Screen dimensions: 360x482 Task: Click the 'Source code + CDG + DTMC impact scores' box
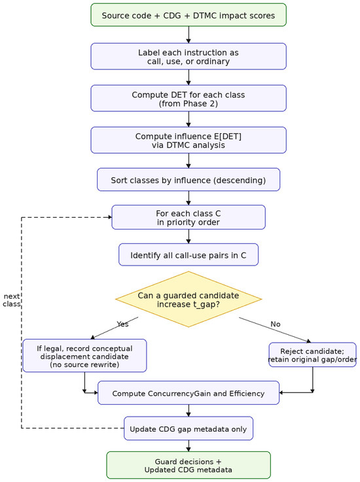pos(189,15)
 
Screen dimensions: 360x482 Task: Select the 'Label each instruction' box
pos(189,56)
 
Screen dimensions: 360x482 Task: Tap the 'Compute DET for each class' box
pos(189,98)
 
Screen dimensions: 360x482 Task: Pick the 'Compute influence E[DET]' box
pos(189,140)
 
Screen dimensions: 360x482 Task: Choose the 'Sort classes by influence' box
pos(189,180)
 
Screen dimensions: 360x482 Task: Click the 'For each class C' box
pos(189,217)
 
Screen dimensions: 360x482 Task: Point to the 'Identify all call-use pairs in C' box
pos(189,255)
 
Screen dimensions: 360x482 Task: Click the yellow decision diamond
pos(189,299)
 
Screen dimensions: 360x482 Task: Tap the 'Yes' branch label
pos(122,324)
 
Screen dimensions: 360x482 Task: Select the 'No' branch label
pos(276,324)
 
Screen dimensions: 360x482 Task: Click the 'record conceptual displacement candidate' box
pos(84,356)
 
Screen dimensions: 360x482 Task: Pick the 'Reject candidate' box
pos(313,355)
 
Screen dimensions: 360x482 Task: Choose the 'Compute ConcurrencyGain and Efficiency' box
pos(189,393)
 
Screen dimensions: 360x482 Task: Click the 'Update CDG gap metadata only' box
pos(189,428)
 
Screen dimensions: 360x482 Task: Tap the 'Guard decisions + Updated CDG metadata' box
pos(189,466)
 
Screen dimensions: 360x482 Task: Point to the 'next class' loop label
pos(12,300)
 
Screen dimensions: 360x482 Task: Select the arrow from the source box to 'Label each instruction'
pos(189,35)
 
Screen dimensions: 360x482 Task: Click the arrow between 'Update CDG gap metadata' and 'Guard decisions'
pos(189,446)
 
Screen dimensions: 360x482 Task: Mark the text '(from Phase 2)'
pos(189,103)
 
